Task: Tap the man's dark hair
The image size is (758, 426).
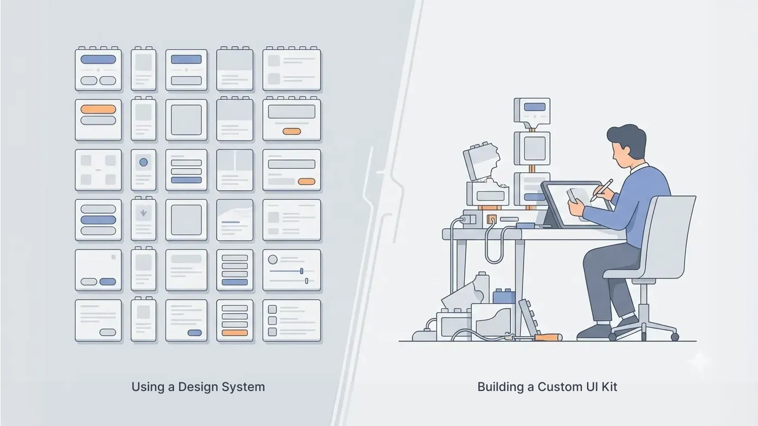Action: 628,136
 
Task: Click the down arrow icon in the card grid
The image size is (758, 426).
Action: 144,213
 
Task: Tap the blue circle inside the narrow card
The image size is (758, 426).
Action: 144,162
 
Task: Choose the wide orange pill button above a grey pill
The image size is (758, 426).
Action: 98,109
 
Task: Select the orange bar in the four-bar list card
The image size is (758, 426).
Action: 234,333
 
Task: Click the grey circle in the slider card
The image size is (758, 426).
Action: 273,260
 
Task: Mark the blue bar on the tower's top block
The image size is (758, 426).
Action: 534,107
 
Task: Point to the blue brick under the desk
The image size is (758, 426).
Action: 503,296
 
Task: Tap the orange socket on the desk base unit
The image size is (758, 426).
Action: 492,220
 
